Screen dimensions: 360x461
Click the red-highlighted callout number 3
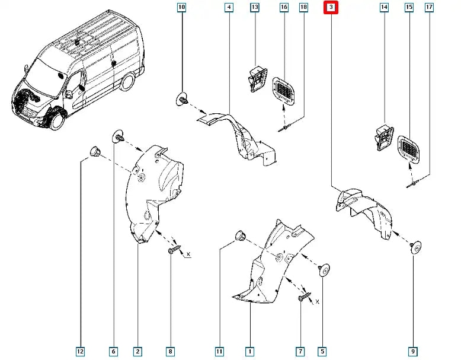[331, 8]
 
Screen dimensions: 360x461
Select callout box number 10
[181, 8]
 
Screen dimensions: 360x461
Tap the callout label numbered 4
[229, 8]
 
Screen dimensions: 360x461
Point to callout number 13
[255, 8]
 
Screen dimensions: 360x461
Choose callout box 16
[284, 8]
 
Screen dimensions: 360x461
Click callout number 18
[303, 8]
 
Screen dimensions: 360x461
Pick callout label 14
[384, 8]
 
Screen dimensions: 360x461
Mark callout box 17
[429, 8]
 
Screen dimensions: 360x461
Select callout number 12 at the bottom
[81, 352]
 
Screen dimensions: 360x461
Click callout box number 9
[412, 352]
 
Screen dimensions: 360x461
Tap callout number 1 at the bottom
[249, 352]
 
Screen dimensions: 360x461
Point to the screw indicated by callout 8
[171, 251]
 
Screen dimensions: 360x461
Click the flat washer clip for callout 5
[324, 270]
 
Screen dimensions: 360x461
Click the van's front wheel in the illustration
[56, 120]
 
